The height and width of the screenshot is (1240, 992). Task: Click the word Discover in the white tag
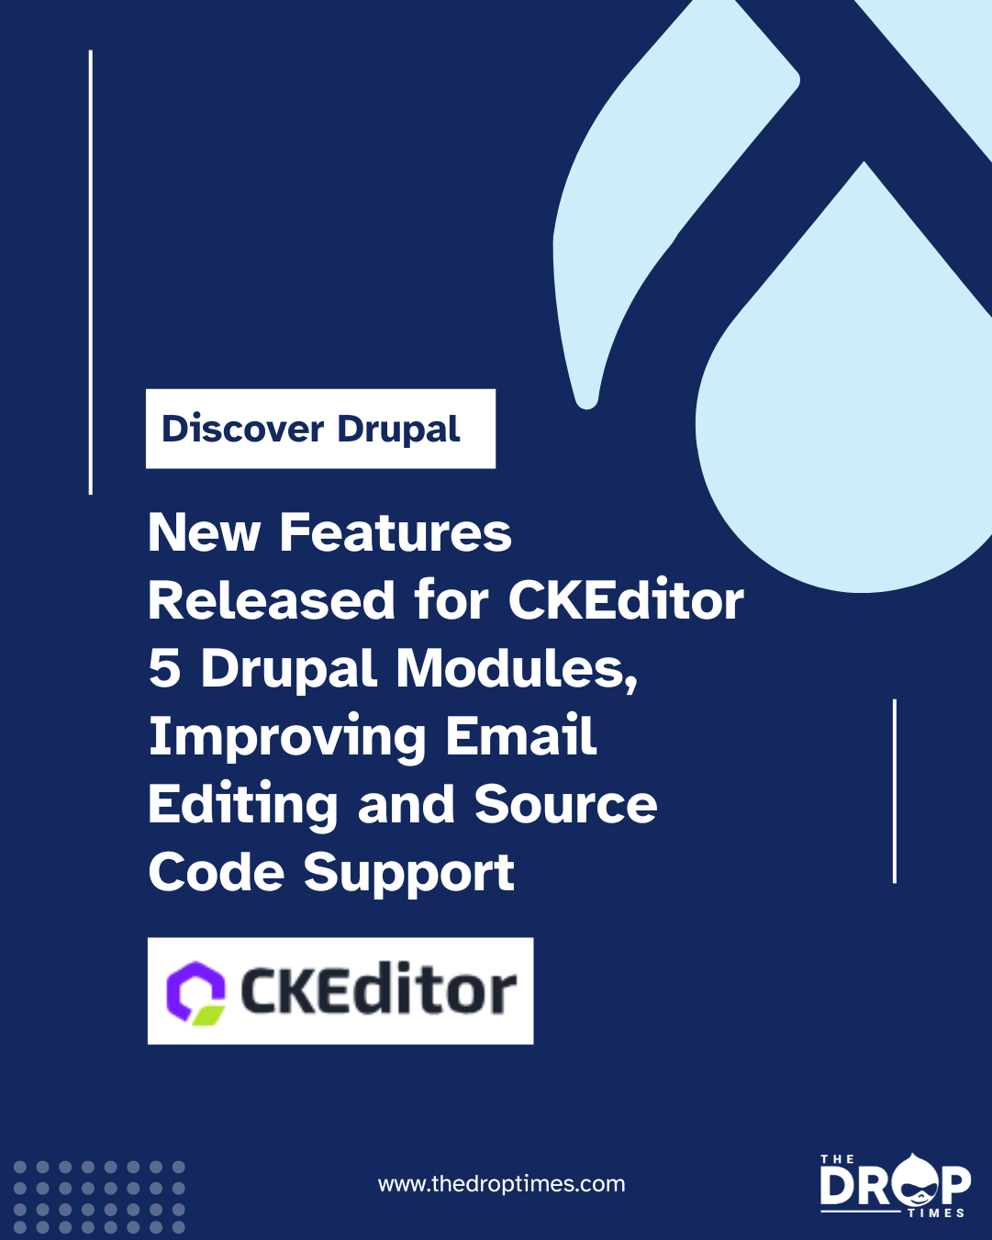[x=242, y=429]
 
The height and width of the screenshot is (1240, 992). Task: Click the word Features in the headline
[x=396, y=533]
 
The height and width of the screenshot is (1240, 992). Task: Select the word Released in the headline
[x=271, y=600]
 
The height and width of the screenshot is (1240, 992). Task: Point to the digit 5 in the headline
[x=165, y=669]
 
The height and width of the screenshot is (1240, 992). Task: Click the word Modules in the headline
[x=517, y=669]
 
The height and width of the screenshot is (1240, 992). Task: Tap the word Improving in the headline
[x=287, y=739]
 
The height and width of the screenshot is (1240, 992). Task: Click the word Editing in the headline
[x=242, y=806]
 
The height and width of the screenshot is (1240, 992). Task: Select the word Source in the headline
[x=565, y=804]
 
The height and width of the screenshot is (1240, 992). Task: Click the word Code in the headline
[x=216, y=871]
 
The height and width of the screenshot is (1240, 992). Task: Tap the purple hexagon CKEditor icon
[x=195, y=993]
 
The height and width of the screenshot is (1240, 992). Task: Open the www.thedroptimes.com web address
[x=501, y=1183]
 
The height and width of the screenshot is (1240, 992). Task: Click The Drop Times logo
[x=896, y=1185]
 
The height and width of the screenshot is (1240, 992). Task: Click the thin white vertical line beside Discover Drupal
[x=91, y=272]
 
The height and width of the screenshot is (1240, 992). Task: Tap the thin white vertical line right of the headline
[x=894, y=790]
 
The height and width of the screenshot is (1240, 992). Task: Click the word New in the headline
[x=204, y=533]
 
